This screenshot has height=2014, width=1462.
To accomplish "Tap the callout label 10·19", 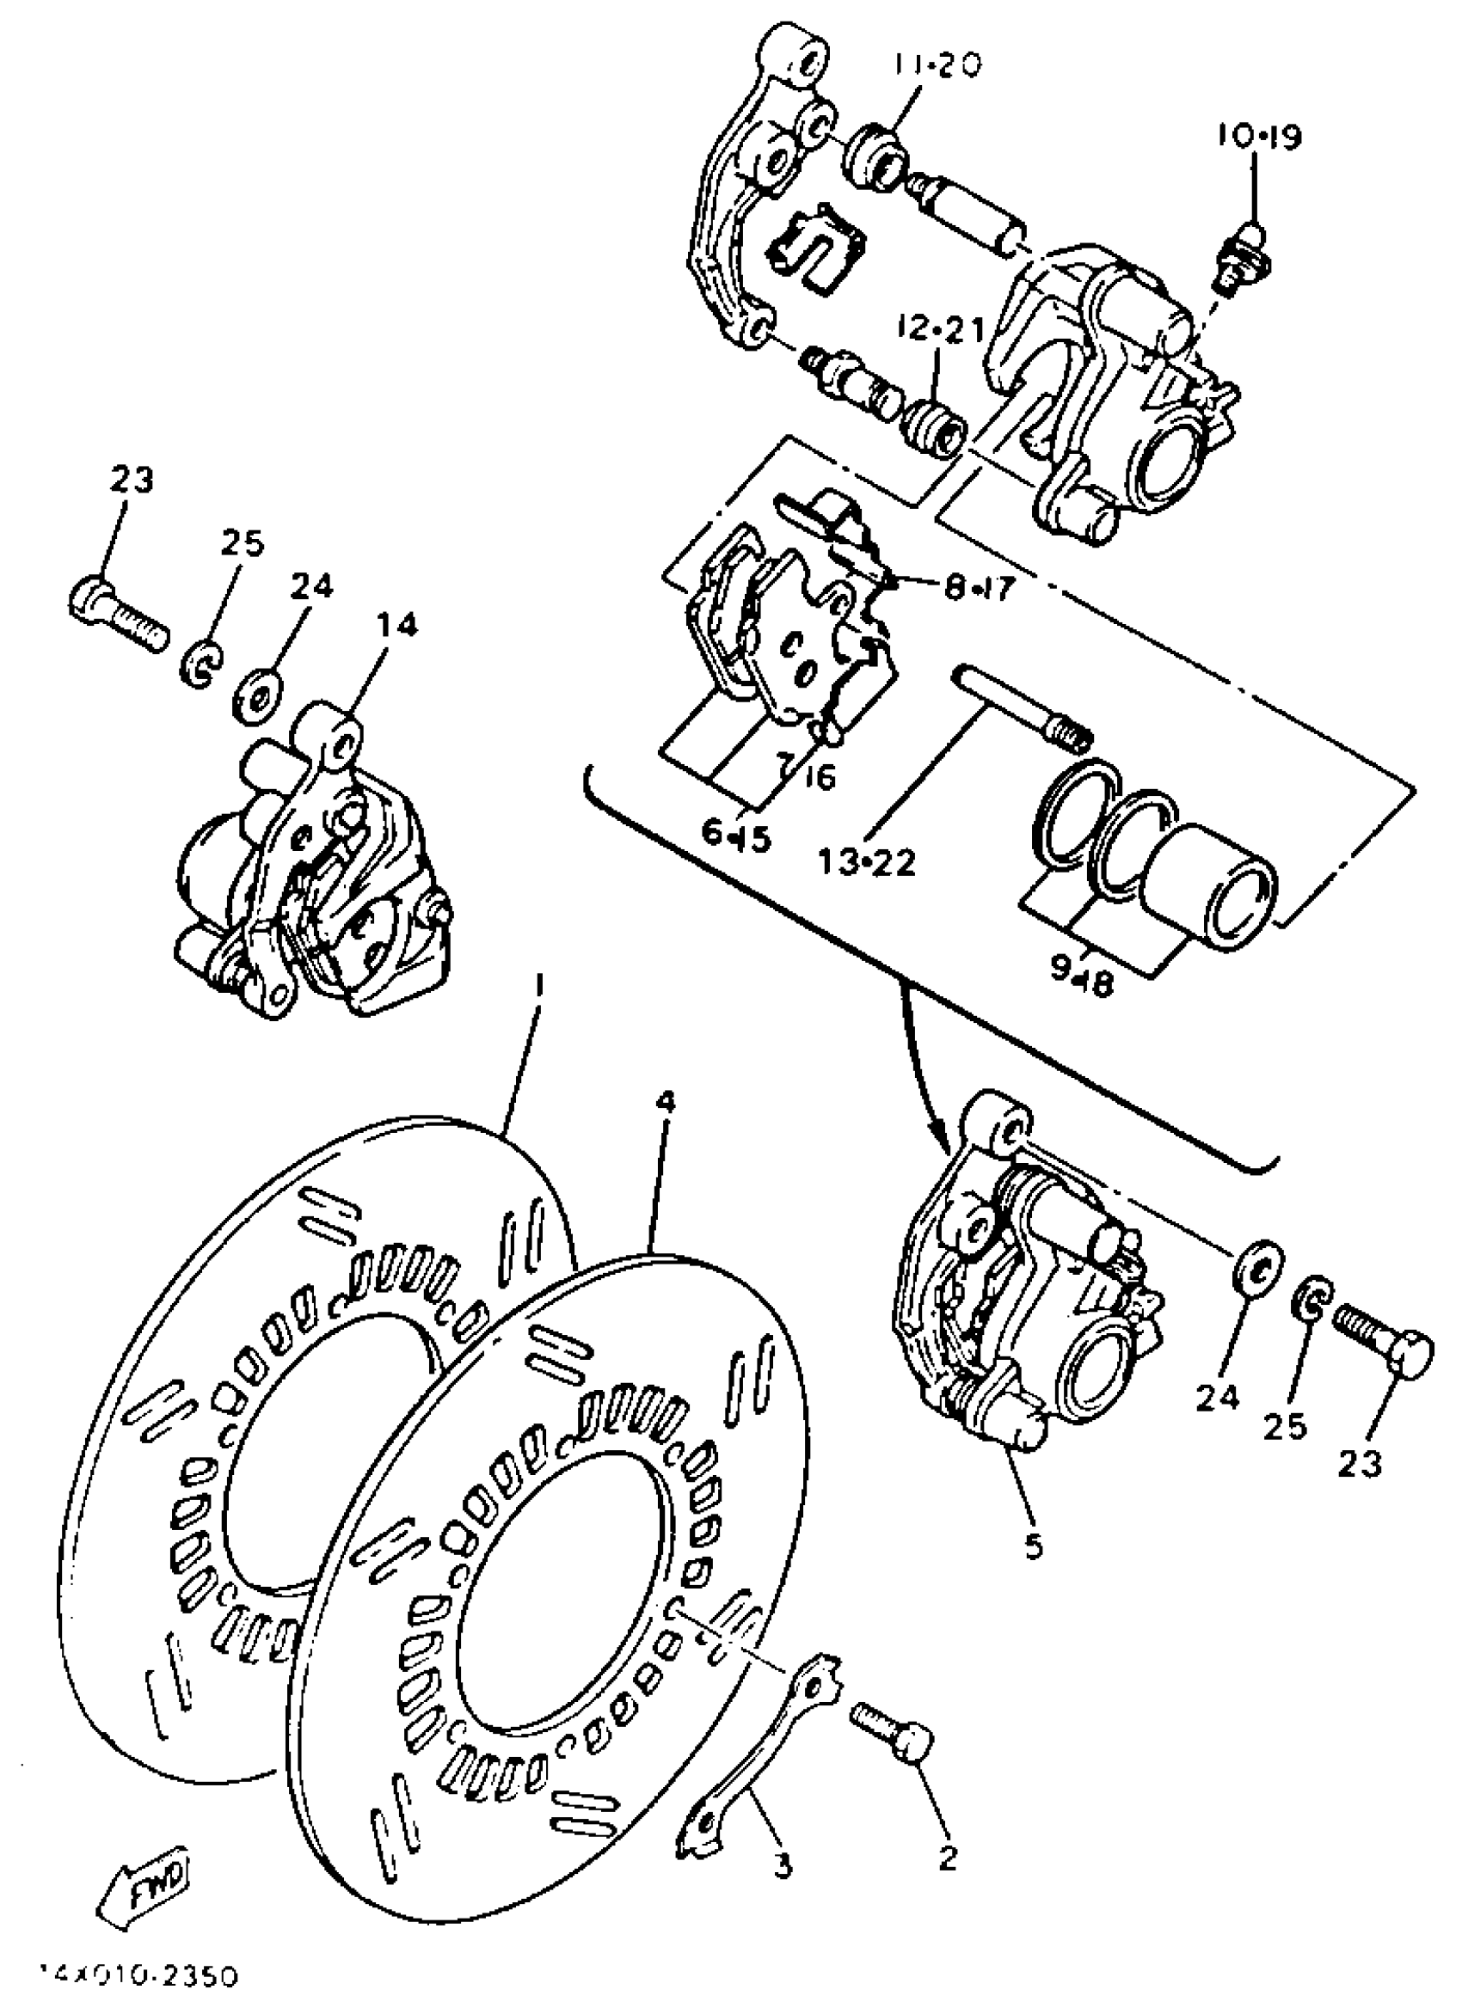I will click(1258, 138).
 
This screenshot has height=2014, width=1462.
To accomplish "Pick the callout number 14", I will click(396, 625).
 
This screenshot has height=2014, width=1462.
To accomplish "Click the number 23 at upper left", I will click(132, 481).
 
